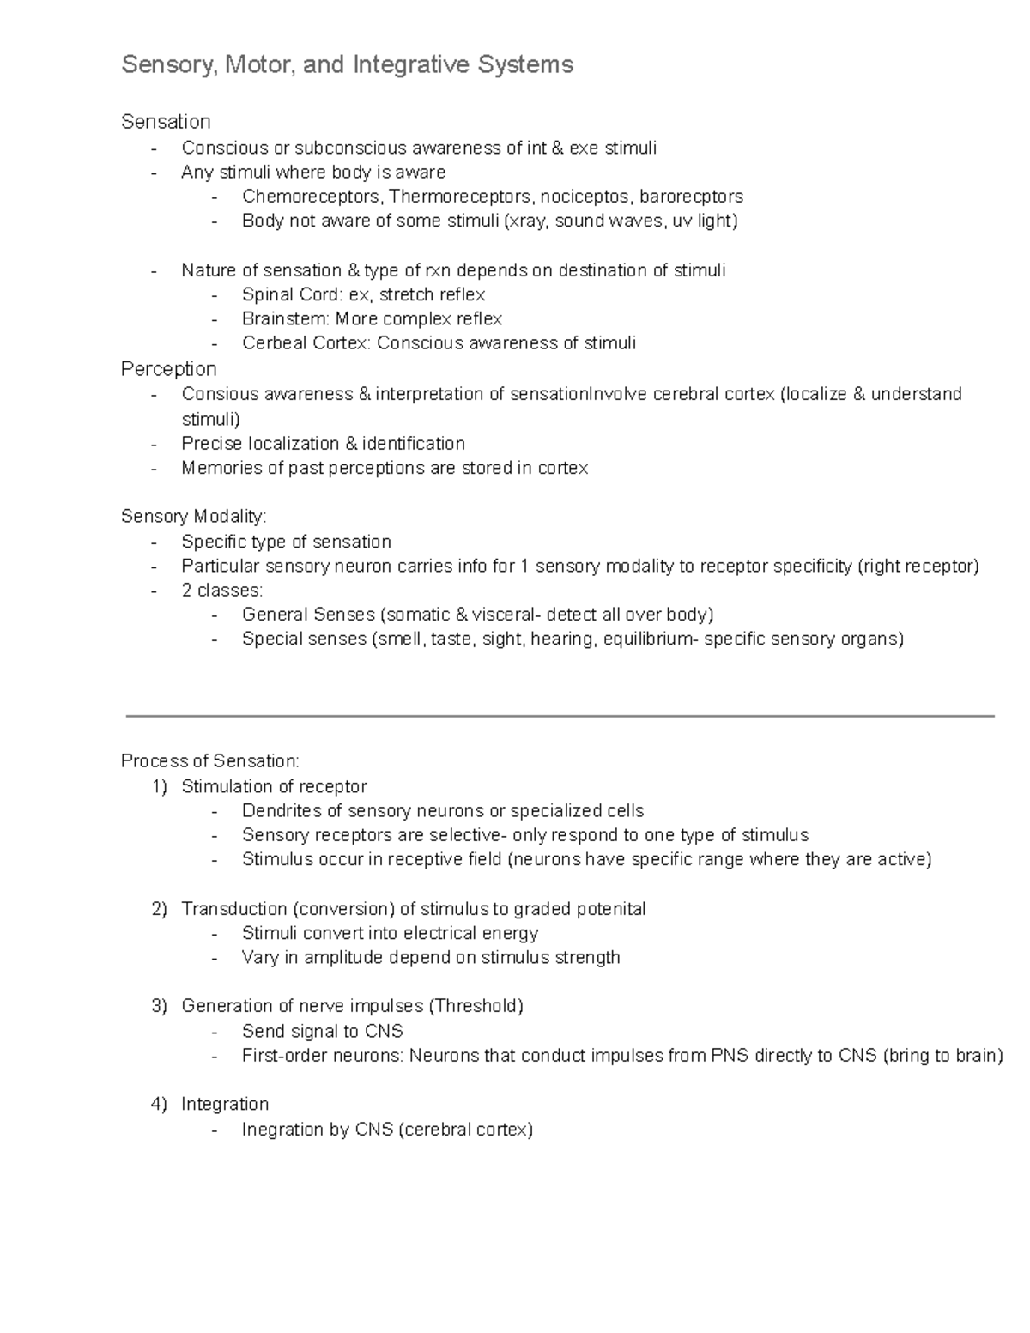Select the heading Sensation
tap(166, 122)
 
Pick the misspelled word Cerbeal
tap(273, 343)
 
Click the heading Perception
tap(168, 369)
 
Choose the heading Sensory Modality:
tap(194, 517)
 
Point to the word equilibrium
tap(646, 639)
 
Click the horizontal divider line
tap(560, 715)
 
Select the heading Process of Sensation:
tap(210, 761)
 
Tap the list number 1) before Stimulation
tap(159, 787)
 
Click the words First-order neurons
tap(322, 1056)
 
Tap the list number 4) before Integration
tap(159, 1105)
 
